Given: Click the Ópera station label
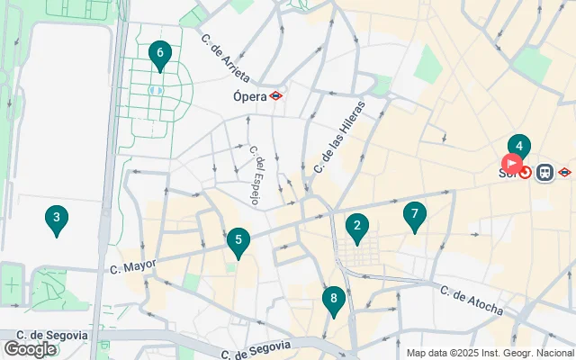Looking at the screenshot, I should (249, 95).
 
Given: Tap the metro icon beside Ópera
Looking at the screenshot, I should (275, 95).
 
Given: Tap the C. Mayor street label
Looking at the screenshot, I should (133, 266).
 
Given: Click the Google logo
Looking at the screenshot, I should (30, 349).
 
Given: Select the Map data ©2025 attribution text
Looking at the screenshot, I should (490, 353).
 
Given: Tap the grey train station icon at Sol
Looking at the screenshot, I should (544, 172).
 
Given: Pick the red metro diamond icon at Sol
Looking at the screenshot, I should (564, 171).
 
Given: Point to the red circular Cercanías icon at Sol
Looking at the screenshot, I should (525, 171).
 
